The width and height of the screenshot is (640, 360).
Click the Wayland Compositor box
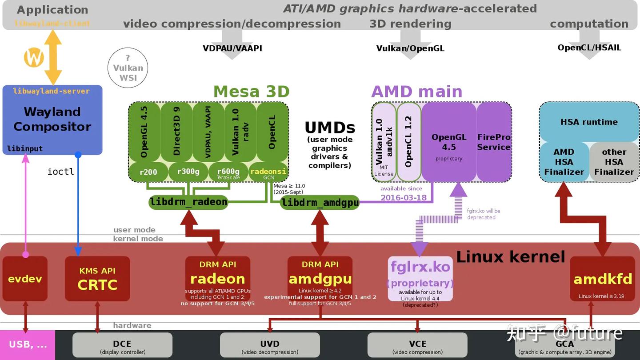(52, 119)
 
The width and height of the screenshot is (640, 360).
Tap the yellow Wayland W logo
(34, 57)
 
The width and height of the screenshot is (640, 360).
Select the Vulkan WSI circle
(128, 68)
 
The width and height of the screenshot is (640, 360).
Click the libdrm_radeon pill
(188, 202)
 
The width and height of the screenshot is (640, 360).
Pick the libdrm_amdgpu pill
(320, 203)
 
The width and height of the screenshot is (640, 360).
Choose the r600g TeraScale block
(228, 172)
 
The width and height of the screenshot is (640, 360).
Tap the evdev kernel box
(25, 279)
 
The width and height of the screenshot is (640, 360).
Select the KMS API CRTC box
(97, 279)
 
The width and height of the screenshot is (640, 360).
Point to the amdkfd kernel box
(603, 279)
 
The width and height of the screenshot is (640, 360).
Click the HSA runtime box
(589, 122)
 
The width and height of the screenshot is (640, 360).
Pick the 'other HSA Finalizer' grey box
(614, 162)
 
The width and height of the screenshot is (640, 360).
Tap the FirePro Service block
(494, 142)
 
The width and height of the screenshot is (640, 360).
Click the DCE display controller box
(122, 345)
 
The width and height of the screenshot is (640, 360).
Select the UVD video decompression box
(270, 345)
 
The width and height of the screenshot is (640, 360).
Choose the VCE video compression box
(417, 345)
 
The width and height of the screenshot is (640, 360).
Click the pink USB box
(27, 345)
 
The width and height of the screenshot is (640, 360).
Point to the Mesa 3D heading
(252, 92)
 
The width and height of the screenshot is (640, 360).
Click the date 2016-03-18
(404, 197)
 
